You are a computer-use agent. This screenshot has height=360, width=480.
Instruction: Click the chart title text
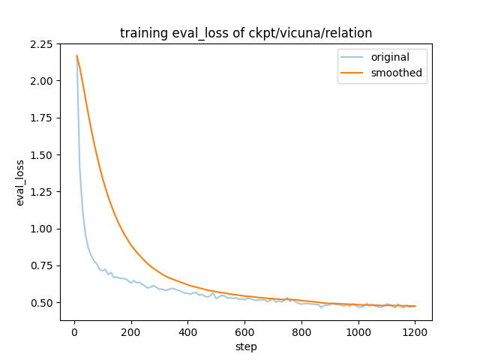(246, 33)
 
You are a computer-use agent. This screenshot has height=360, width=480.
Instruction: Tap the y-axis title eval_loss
(20, 182)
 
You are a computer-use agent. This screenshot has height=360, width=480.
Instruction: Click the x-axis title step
(246, 346)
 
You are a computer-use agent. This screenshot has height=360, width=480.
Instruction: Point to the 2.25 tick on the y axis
(43, 44)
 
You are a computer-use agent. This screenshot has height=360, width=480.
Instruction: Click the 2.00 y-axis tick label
(43, 81)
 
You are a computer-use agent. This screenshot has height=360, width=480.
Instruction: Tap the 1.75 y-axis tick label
(43, 118)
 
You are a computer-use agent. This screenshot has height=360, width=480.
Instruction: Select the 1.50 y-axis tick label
(43, 154)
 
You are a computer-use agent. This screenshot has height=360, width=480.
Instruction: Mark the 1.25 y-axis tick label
(43, 192)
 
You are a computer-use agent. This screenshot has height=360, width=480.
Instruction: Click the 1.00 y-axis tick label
(43, 229)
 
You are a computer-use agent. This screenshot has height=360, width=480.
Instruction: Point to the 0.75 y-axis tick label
(43, 265)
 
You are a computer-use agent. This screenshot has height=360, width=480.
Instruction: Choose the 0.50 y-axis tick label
(43, 303)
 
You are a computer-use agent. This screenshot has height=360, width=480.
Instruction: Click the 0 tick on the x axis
(74, 331)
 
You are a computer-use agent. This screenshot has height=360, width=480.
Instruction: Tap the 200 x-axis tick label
(131, 331)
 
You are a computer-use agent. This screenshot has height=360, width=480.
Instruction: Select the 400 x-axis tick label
(188, 331)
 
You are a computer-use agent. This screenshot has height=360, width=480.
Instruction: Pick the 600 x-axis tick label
(245, 331)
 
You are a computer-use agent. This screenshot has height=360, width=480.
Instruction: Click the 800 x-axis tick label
(302, 331)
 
